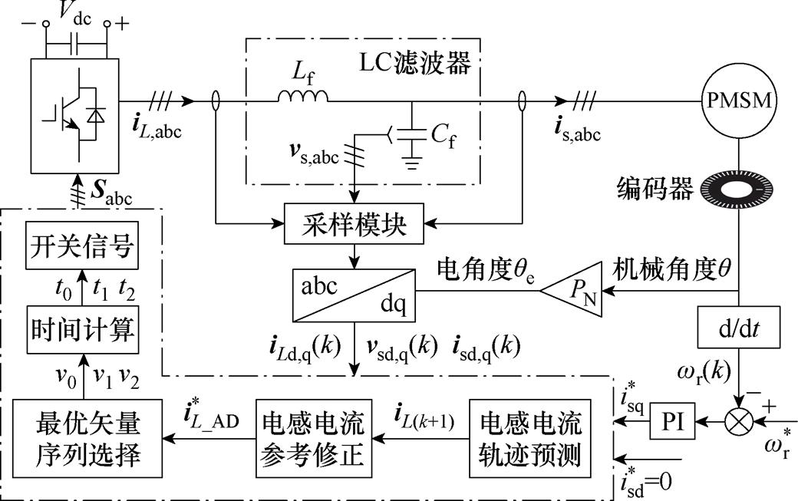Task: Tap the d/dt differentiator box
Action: point(738,328)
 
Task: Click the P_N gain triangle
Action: point(574,291)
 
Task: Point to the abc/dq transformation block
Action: point(353,294)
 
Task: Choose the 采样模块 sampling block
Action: point(354,226)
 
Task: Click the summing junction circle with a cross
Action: point(737,420)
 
